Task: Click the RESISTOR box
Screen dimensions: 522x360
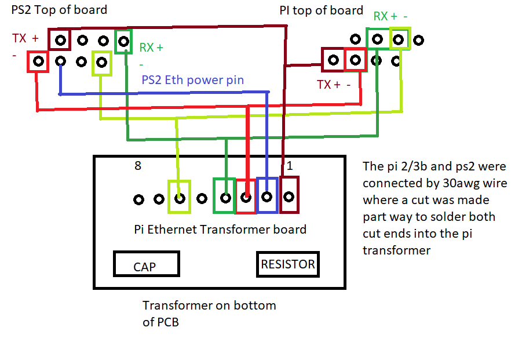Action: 288,264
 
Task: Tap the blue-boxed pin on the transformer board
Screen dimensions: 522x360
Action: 267,197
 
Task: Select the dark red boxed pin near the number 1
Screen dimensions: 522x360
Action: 289,197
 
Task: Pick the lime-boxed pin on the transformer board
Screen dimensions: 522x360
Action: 180,199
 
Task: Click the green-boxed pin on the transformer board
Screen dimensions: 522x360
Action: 226,198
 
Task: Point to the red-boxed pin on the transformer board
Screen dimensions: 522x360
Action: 246,198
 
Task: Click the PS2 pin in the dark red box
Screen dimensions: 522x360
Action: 60,41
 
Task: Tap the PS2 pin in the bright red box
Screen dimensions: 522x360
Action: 39,61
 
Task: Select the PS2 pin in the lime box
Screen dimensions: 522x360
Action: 101,62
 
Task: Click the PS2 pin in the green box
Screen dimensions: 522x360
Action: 123,42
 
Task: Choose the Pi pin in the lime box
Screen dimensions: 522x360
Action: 398,39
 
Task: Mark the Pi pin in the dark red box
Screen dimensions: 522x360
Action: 333,60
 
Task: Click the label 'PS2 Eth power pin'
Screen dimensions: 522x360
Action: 193,80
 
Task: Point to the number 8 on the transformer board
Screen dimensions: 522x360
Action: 138,166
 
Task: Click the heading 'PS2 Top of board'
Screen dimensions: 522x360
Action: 59,10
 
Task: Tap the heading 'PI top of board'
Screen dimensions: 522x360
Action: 322,10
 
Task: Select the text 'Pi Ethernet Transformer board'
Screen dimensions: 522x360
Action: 220,230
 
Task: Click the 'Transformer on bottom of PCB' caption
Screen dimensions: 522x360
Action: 209,314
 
